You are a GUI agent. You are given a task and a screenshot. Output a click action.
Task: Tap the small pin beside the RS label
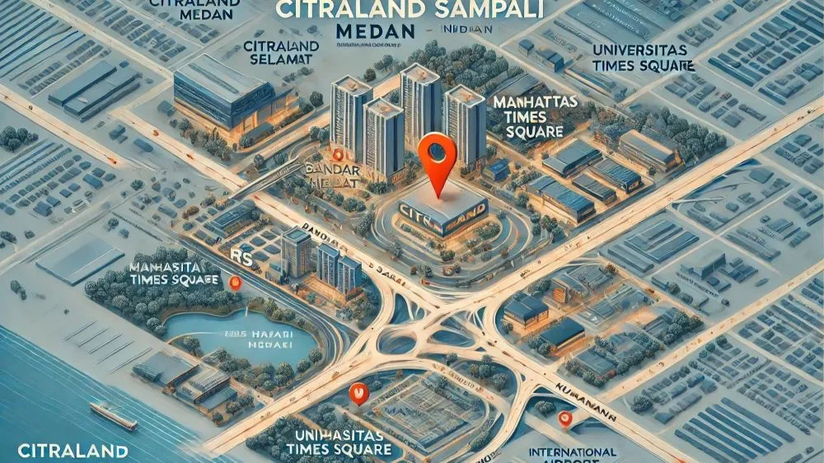[236, 283]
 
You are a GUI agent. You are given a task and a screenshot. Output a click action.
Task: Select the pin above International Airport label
[565, 419]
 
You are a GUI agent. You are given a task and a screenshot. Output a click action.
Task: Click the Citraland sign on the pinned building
[440, 213]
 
